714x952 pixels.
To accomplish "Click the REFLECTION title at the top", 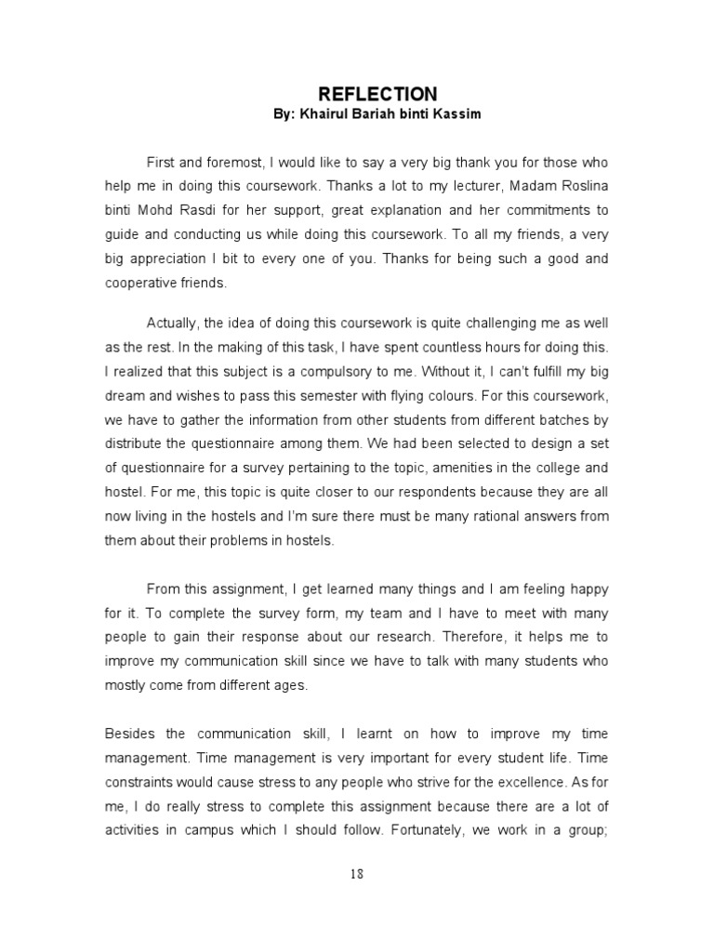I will tap(377, 94).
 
